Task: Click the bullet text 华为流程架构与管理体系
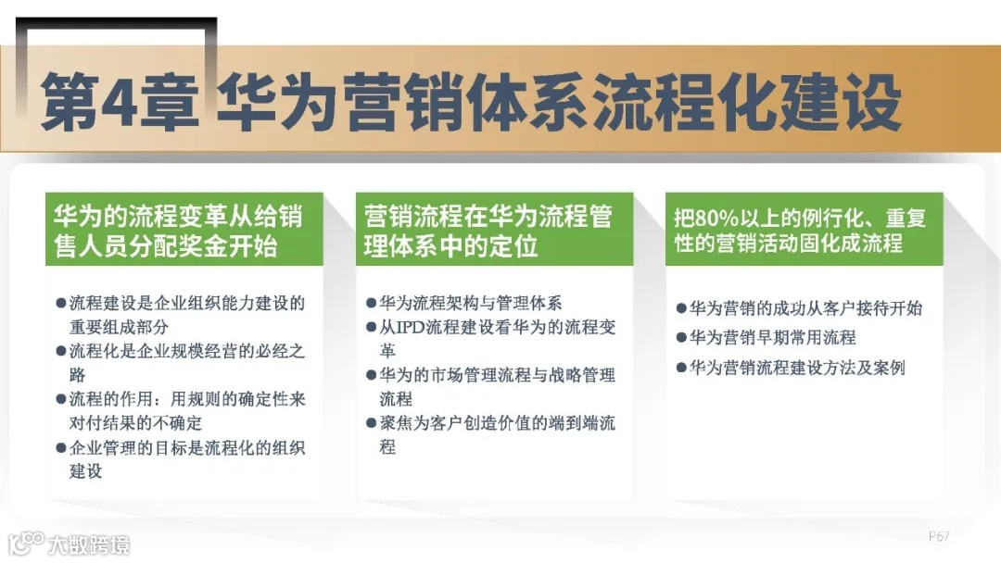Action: tap(470, 303)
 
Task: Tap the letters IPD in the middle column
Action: tap(412, 327)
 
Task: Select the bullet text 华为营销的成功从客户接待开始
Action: tap(805, 308)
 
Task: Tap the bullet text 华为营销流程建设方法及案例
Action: tap(796, 368)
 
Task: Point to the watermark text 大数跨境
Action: tap(90, 544)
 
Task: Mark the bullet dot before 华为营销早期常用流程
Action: tap(680, 338)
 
